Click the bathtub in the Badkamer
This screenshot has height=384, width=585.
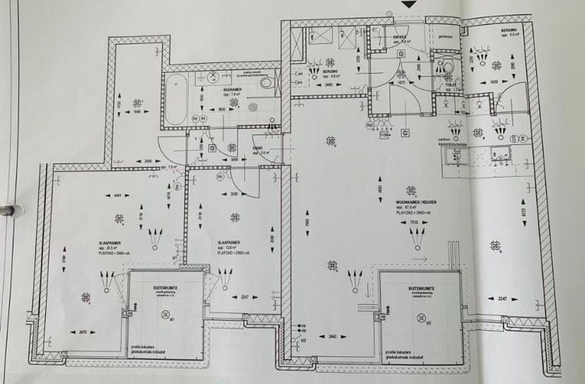175,102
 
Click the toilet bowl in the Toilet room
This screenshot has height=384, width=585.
448,66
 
